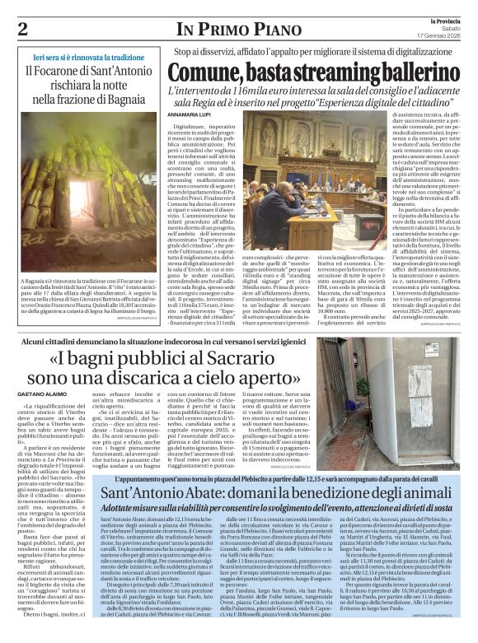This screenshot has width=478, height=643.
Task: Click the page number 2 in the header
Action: pyautogui.click(x=22, y=29)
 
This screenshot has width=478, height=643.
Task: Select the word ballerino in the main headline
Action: pyautogui.click(x=410, y=72)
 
